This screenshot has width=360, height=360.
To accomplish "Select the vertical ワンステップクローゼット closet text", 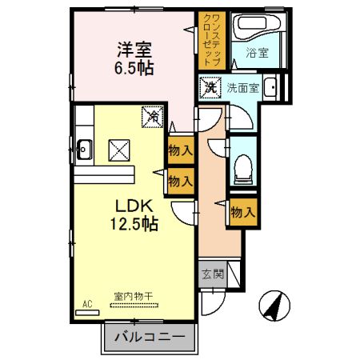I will coord(210,40).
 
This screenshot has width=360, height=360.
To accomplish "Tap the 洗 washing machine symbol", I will coord(210,86).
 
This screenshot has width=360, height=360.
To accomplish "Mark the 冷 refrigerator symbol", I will coord(151,116).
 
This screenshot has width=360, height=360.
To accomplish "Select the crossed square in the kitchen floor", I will coord(119,149).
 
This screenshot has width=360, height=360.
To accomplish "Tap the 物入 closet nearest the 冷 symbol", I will coord(181,149).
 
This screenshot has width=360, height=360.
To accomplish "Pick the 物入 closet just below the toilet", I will coord(242,212).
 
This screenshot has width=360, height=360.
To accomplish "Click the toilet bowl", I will coord(243,166).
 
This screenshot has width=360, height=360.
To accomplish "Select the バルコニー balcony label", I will coord(148,336).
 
